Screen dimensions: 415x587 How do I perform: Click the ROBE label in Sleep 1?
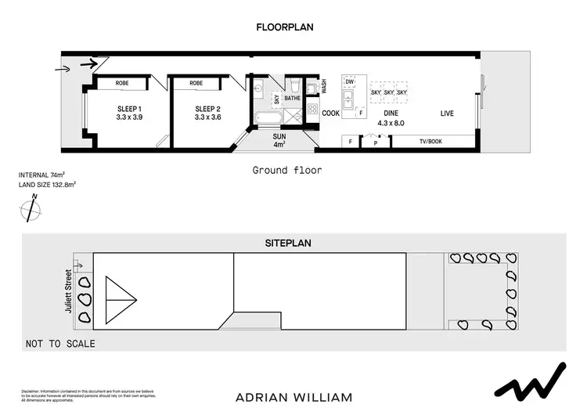click(x=122, y=83)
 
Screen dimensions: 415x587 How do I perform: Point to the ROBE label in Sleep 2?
click(x=196, y=83)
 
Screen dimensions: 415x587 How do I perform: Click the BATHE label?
click(x=292, y=99)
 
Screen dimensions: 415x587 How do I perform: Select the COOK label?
click(x=331, y=114)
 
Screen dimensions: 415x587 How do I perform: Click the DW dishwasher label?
click(x=350, y=82)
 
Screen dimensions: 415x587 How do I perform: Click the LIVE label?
click(x=447, y=114)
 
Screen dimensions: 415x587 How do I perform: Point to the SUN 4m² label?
click(x=279, y=140)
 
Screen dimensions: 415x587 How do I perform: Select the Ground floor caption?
click(x=286, y=170)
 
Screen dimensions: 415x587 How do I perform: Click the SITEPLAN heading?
click(x=287, y=244)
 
